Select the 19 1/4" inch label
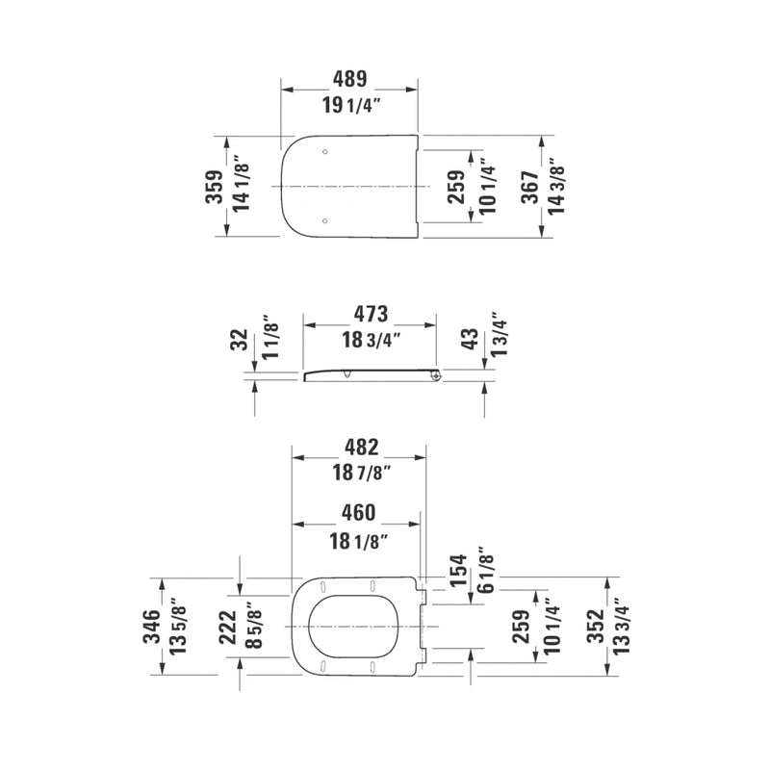click(349, 106)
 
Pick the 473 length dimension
click(370, 313)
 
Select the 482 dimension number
click(361, 447)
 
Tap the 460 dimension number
click(356, 513)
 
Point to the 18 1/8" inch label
click(356, 541)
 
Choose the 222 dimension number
click(226, 627)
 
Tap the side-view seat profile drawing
click(372, 374)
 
